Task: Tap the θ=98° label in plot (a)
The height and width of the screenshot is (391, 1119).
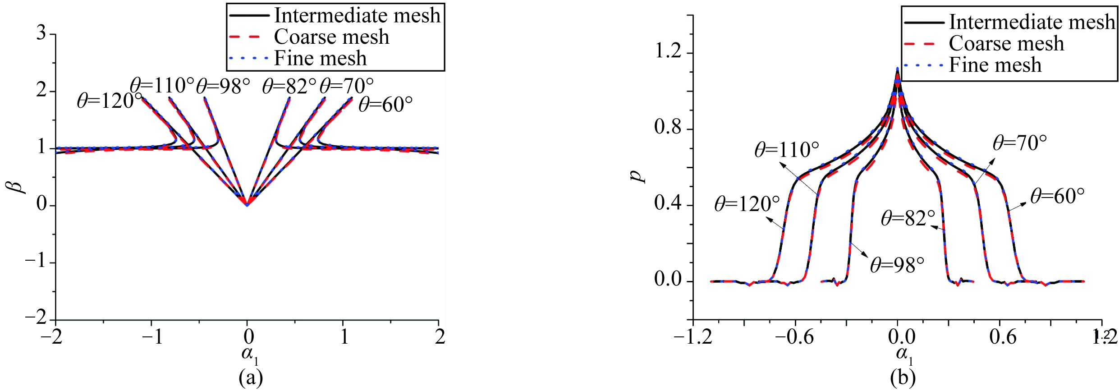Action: point(223,86)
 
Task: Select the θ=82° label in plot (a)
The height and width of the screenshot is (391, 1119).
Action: point(289,86)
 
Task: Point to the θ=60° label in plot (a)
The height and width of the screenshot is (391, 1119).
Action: point(385,104)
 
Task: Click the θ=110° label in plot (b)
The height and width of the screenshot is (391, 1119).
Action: point(786,150)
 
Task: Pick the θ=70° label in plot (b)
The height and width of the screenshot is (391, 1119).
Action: point(1019,143)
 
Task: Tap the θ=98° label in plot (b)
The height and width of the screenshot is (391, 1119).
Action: point(897,265)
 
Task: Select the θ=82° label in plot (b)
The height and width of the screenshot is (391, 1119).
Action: point(908,218)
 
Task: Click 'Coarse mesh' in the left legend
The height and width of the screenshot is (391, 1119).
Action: point(331,37)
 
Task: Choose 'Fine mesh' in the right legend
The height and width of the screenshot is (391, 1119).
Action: point(995,65)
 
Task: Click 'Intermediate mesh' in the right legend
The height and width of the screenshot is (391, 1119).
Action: point(1032,22)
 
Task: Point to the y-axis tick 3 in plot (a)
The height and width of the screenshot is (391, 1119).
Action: point(41,33)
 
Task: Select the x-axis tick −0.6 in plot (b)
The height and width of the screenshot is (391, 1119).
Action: point(795,337)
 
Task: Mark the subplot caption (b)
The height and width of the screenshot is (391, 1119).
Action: point(903,378)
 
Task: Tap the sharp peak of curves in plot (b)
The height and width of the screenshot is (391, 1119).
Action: point(897,69)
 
